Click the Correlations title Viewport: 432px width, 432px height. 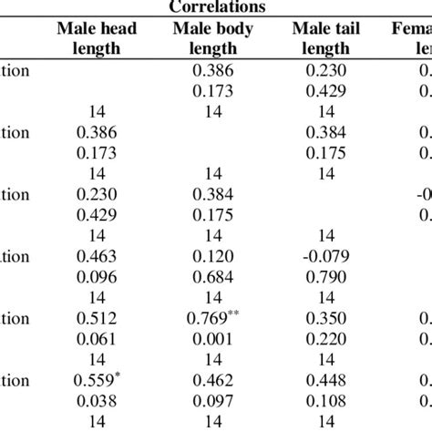coord(216,6)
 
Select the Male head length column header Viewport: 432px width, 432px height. coord(97,38)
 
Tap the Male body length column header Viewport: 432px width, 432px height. coord(213,38)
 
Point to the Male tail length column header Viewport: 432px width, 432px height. coord(325,38)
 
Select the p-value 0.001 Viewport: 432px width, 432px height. coord(212,339)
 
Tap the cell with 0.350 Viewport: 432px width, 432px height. coord(325,319)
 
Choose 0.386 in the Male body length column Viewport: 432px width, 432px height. coord(212,70)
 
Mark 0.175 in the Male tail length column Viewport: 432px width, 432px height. coord(325,152)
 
